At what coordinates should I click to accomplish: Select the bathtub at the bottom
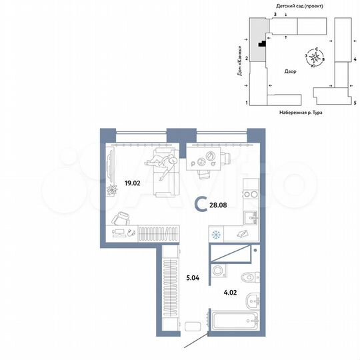click(x=234, y=320)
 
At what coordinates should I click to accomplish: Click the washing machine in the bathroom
click(x=217, y=271)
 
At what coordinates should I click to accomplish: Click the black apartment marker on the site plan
click(x=263, y=45)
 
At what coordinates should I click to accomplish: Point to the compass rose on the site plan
click(x=315, y=59)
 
